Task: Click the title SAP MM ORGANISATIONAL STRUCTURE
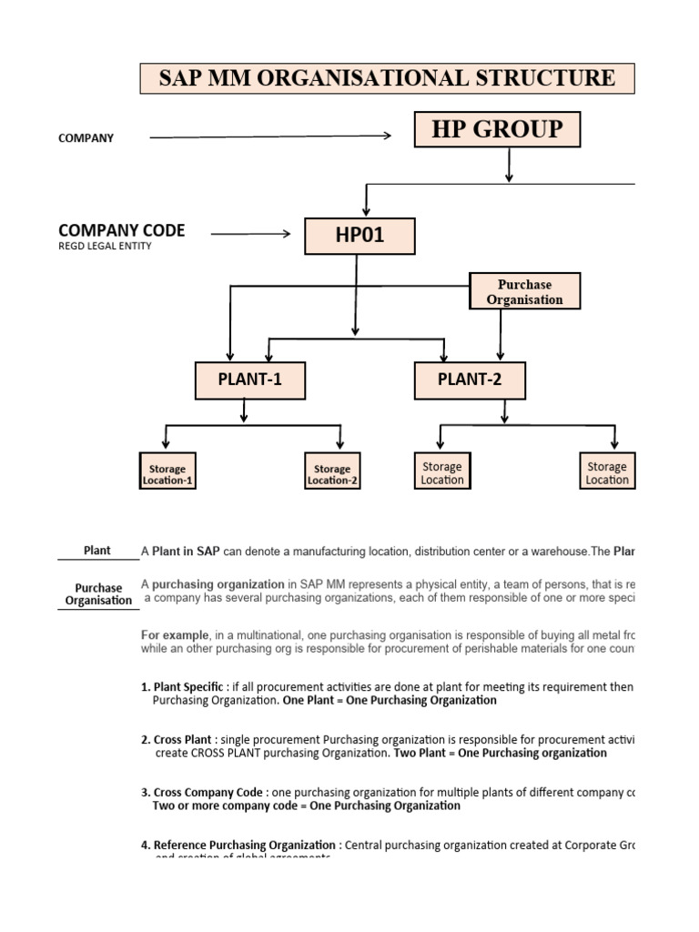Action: (x=387, y=78)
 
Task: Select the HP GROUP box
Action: (x=497, y=130)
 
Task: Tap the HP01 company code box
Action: (x=360, y=236)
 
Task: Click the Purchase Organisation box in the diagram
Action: (x=524, y=292)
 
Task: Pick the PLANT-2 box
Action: (x=470, y=380)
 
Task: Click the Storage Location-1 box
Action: (x=167, y=474)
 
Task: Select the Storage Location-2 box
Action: (x=332, y=474)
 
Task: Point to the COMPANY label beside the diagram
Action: (x=86, y=138)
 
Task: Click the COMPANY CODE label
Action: (x=121, y=230)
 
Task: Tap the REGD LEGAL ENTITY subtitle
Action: (x=105, y=246)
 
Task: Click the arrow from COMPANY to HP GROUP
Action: (x=269, y=137)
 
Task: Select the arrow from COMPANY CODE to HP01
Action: (x=250, y=234)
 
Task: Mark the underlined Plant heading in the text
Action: (x=96, y=551)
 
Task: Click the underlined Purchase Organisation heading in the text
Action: (x=98, y=594)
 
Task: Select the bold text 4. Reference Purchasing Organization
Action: (x=238, y=845)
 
